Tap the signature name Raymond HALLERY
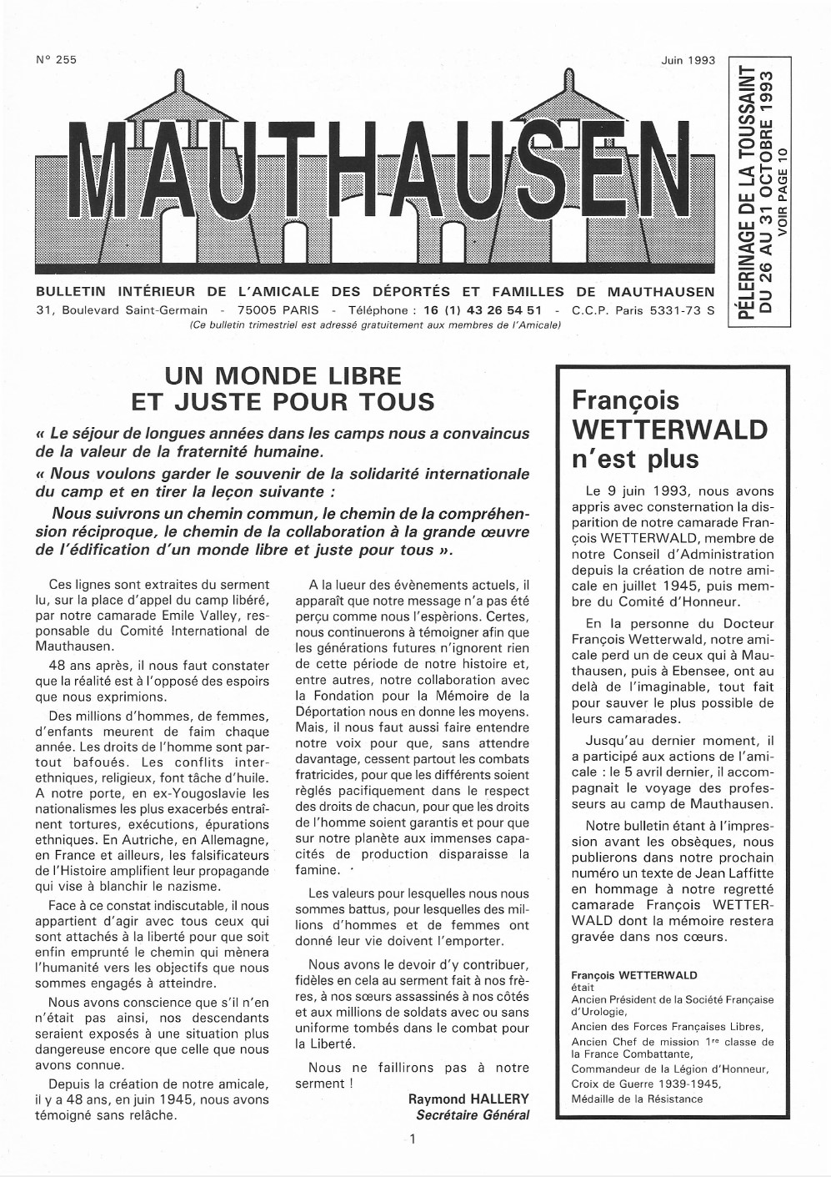pos(468,1099)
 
